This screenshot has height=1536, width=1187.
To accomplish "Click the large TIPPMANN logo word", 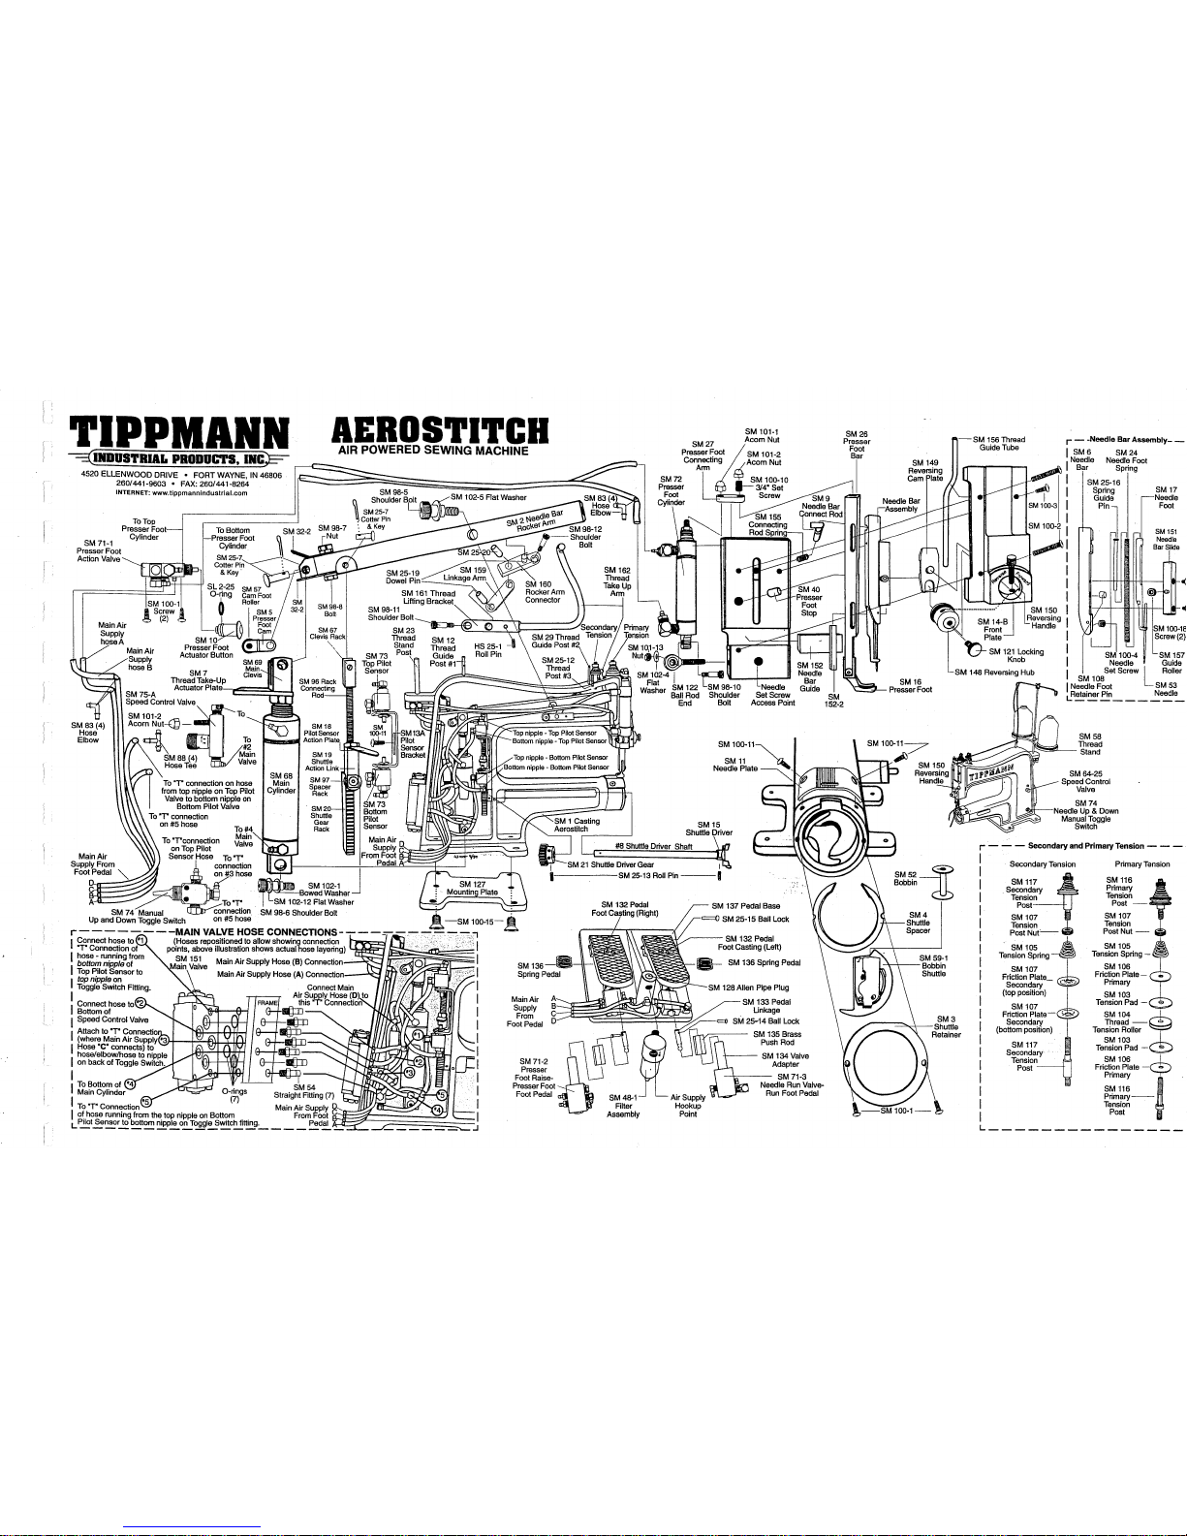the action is pos(182,430).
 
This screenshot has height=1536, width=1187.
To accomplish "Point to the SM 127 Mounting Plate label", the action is pos(472,889).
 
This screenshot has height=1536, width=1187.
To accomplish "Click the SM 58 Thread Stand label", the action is pos(1090,744).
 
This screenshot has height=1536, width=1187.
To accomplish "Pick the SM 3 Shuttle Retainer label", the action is pos(946,1026).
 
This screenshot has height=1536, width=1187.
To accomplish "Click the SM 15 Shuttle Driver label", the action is pos(709,828).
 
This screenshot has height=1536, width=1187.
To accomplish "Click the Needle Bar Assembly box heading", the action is pos(1124,440).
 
